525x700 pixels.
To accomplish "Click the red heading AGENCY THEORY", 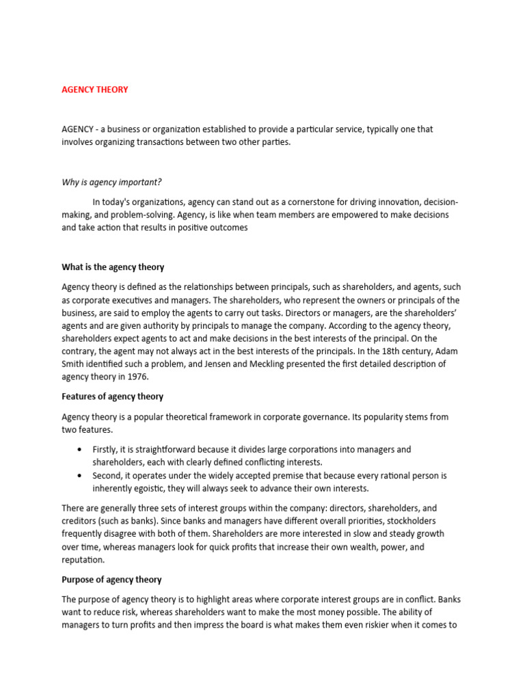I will [94, 90].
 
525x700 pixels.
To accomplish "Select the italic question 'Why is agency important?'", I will [111, 182].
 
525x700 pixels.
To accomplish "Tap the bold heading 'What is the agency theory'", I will [113, 267].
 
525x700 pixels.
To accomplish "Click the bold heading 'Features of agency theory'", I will [112, 396].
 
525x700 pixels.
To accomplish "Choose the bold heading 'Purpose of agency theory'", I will [111, 580].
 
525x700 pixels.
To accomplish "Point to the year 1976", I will [136, 377].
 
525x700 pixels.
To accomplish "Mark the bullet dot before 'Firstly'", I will [80, 450].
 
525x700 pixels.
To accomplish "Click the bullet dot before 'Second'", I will [80, 476].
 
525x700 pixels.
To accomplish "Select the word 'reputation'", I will [83, 559].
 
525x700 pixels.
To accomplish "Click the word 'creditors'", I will [79, 522].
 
